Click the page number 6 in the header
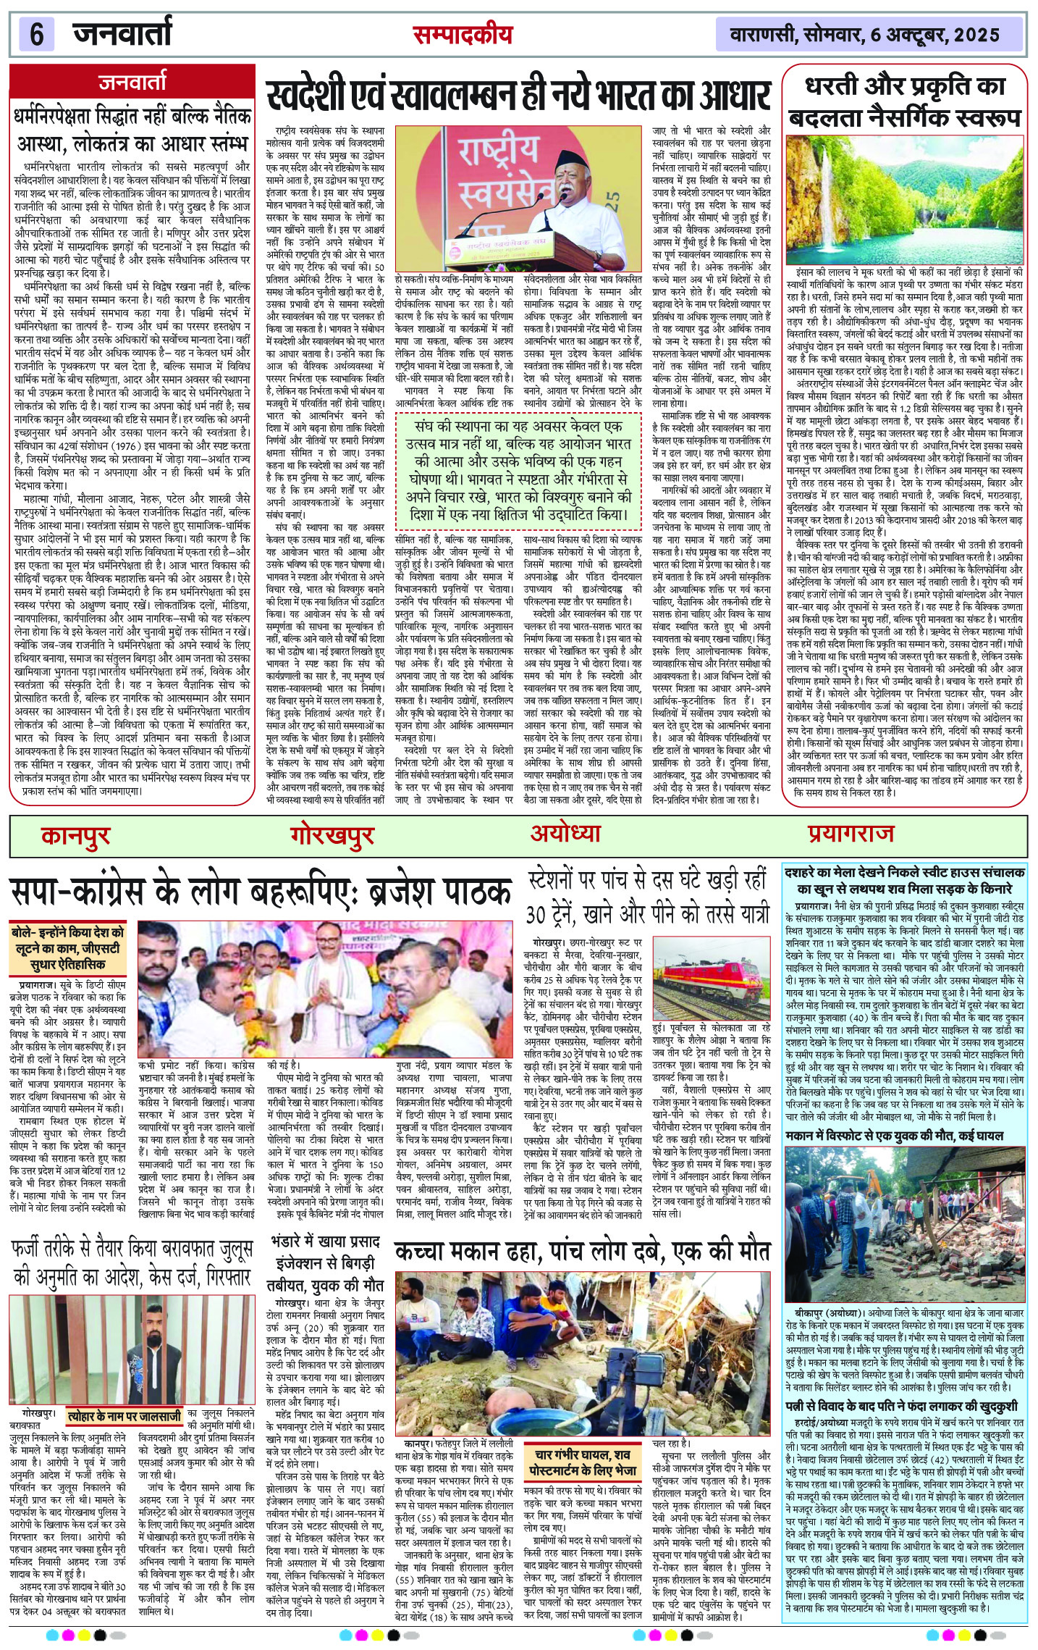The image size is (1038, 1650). [37, 34]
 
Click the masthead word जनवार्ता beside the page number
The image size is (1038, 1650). [122, 33]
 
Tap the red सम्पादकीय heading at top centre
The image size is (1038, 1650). [462, 35]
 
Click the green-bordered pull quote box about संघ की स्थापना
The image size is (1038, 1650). [518, 467]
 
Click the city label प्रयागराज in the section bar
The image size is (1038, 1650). [851, 834]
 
